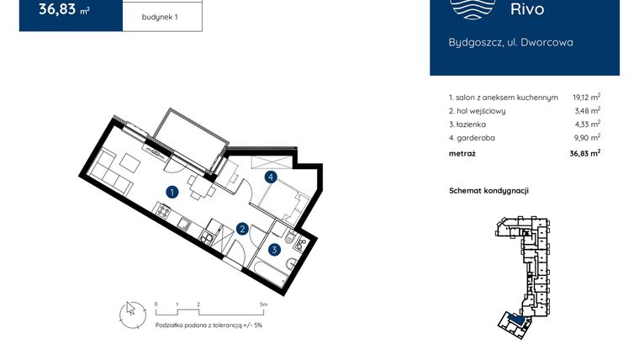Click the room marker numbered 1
click(171, 192)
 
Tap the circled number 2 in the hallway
click(241, 228)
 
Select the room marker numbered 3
click(274, 249)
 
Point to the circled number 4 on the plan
click(270, 177)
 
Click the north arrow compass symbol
click(130, 312)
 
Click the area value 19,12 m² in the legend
click(586, 97)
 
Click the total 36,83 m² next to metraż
click(583, 153)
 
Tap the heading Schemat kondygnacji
click(488, 190)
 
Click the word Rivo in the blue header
click(527, 10)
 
